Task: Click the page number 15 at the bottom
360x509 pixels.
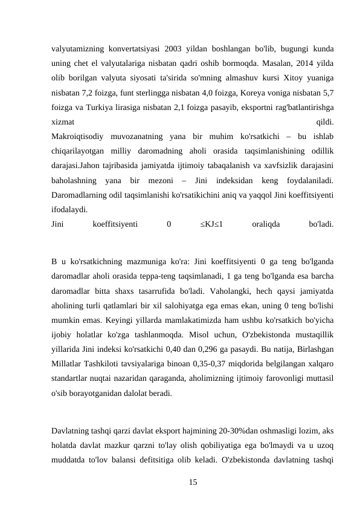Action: [x=192, y=482]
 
